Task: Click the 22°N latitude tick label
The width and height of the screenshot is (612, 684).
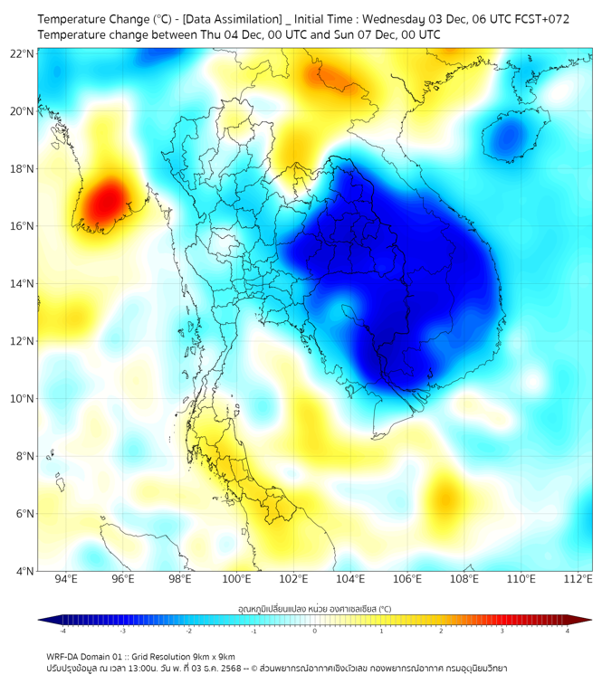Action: pyautogui.click(x=23, y=53)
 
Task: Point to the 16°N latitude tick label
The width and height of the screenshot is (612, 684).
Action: pyautogui.click(x=23, y=226)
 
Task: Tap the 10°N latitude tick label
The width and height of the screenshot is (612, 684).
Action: pyautogui.click(x=23, y=399)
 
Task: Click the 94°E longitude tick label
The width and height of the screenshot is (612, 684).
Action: pyautogui.click(x=66, y=579)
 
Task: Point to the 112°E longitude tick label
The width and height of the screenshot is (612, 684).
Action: pyautogui.click(x=579, y=579)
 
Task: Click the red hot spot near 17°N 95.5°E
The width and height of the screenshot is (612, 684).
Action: pyautogui.click(x=106, y=201)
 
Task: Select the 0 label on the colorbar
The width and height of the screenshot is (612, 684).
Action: pyautogui.click(x=315, y=631)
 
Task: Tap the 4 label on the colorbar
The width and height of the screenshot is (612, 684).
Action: pyautogui.click(x=568, y=631)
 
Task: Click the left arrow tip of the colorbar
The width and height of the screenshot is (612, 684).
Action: pyautogui.click(x=39, y=620)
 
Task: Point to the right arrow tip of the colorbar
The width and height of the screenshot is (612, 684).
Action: pyautogui.click(x=591, y=620)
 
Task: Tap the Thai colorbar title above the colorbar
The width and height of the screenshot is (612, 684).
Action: pyautogui.click(x=314, y=608)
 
